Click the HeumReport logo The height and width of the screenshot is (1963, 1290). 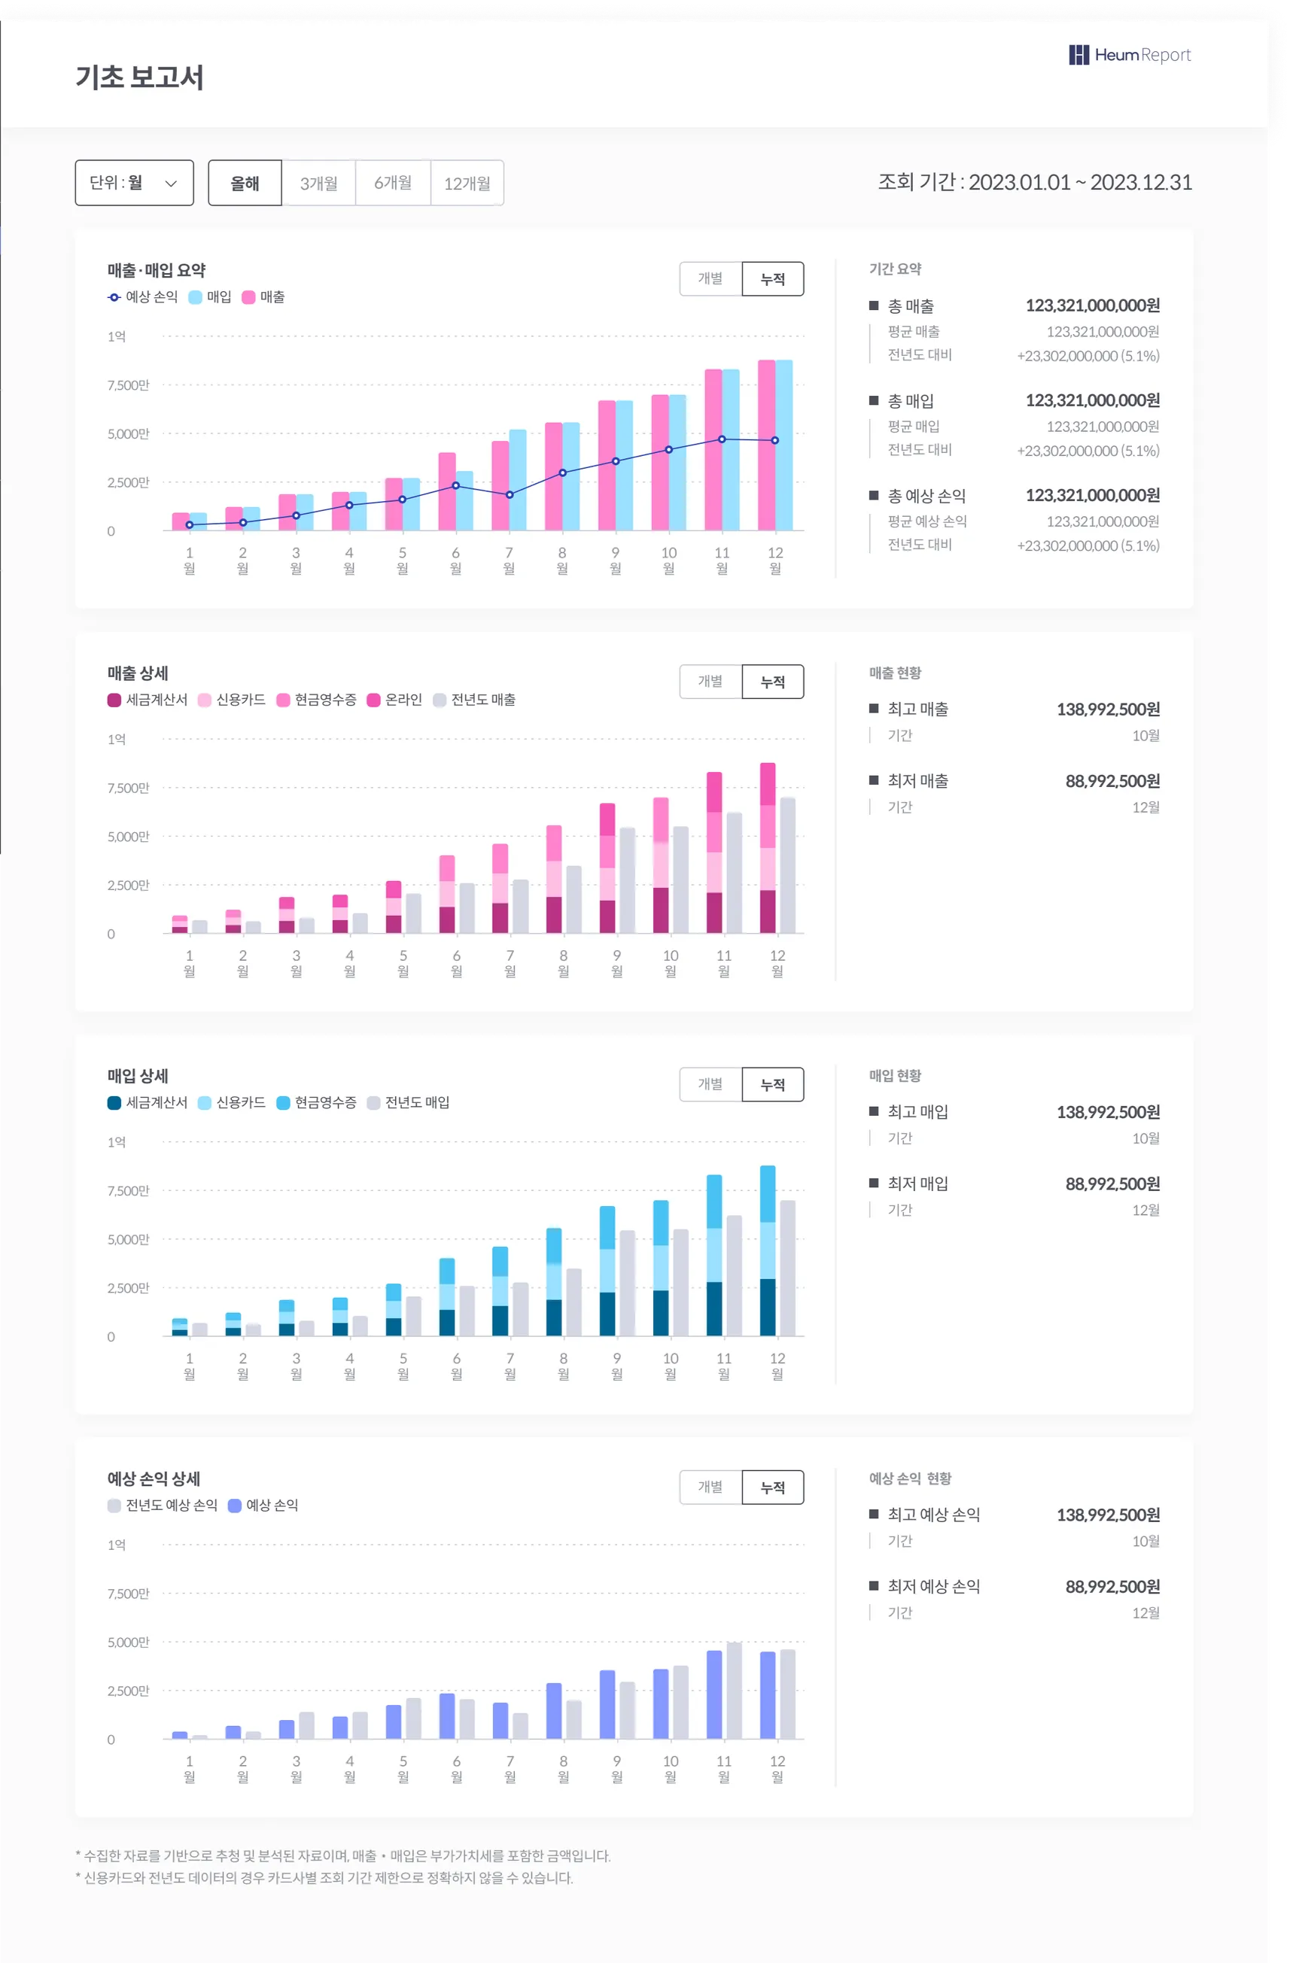pyautogui.click(x=1129, y=55)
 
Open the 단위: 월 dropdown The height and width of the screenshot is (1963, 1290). pyautogui.click(x=135, y=182)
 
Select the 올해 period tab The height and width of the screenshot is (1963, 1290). pyautogui.click(x=245, y=183)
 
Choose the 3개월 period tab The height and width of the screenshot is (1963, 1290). pyautogui.click(x=318, y=183)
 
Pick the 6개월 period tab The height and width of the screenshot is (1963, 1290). pyautogui.click(x=393, y=183)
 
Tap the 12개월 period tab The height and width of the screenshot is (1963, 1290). pyautogui.click(x=467, y=183)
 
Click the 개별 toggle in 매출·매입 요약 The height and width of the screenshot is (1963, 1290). pyautogui.click(x=710, y=279)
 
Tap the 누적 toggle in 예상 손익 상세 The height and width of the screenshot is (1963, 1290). pyautogui.click(x=772, y=1487)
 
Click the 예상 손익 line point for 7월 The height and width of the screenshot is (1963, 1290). pyautogui.click(x=509, y=495)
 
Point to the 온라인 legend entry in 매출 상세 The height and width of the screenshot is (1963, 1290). pyautogui.click(x=394, y=700)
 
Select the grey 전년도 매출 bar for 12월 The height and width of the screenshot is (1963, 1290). pyautogui.click(x=788, y=866)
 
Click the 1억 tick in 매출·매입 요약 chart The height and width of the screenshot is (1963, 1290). pyautogui.click(x=117, y=336)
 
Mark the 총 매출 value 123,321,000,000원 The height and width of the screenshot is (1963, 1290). pyautogui.click(x=1092, y=305)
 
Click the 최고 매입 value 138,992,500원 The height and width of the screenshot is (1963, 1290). pyautogui.click(x=1108, y=1112)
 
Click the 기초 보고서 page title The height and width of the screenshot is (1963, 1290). pyautogui.click(x=139, y=77)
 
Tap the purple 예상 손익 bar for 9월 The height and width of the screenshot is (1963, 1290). pyautogui.click(x=607, y=1704)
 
